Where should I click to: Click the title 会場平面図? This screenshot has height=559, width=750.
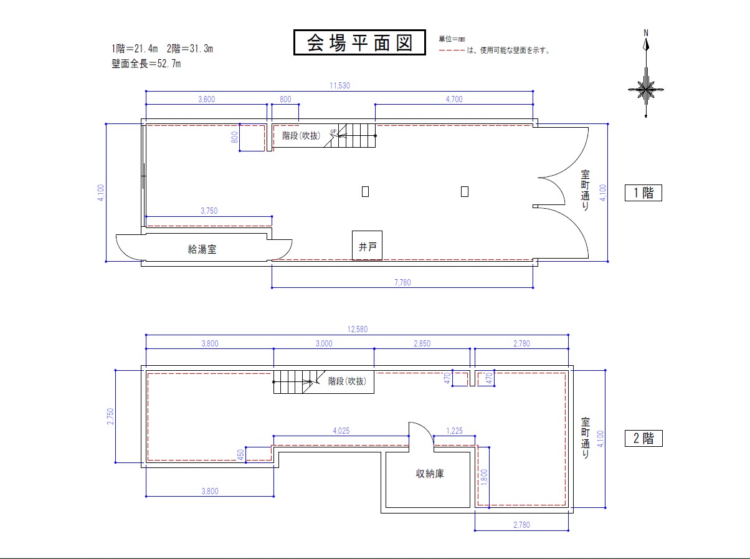pyautogui.click(x=359, y=42)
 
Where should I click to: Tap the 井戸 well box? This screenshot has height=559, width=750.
pyautogui.click(x=368, y=246)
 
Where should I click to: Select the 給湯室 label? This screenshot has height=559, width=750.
pyautogui.click(x=202, y=249)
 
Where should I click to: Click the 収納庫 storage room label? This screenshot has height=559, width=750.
pyautogui.click(x=430, y=474)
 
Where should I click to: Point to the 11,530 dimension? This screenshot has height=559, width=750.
pyautogui.click(x=339, y=85)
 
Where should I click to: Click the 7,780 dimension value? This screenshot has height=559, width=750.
pyautogui.click(x=402, y=282)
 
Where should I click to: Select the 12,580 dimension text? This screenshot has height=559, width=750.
pyautogui.click(x=357, y=329)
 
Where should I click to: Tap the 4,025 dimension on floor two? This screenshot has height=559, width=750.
pyautogui.click(x=341, y=431)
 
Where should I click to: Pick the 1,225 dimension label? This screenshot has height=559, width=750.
pyautogui.click(x=454, y=431)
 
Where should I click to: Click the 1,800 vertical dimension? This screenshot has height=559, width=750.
pyautogui.click(x=484, y=477)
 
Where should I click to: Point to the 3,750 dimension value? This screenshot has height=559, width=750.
pyautogui.click(x=209, y=211)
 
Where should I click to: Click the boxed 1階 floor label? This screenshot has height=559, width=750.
pyautogui.click(x=643, y=193)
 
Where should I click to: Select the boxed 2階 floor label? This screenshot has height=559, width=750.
pyautogui.click(x=643, y=438)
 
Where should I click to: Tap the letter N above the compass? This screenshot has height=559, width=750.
pyautogui.click(x=646, y=33)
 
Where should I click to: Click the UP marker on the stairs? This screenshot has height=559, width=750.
pyautogui.click(x=333, y=131)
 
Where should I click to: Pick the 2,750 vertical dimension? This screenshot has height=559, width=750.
pyautogui.click(x=111, y=416)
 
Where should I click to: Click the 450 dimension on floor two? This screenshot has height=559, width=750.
pyautogui.click(x=240, y=454)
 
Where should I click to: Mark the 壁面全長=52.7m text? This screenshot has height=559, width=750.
pyautogui.click(x=146, y=64)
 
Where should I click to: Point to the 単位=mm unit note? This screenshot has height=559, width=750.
pyautogui.click(x=452, y=39)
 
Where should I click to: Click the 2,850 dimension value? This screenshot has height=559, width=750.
pyautogui.click(x=422, y=343)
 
